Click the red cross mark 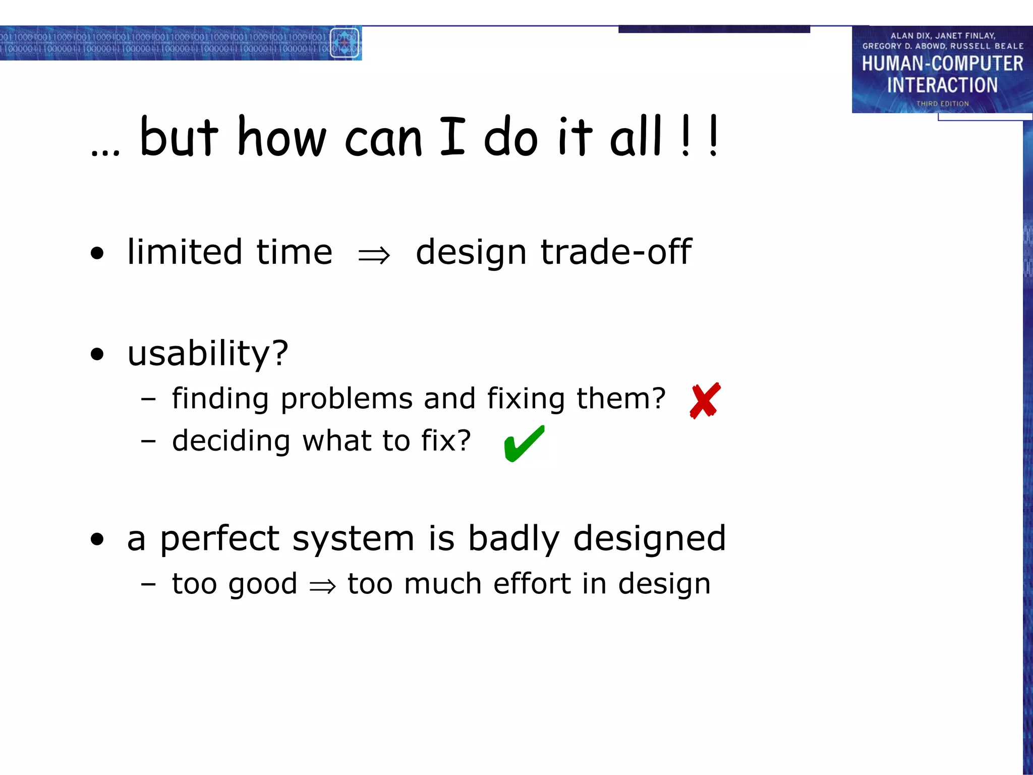tap(705, 401)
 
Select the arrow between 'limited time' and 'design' tap(374, 255)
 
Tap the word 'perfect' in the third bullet tap(219, 538)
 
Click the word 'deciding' tap(231, 440)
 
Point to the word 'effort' tap(532, 584)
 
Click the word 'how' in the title tap(281, 137)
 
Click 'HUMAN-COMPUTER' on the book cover tap(942, 64)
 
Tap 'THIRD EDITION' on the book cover tap(942, 103)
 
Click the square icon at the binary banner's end tap(345, 43)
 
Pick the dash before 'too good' tap(148, 584)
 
